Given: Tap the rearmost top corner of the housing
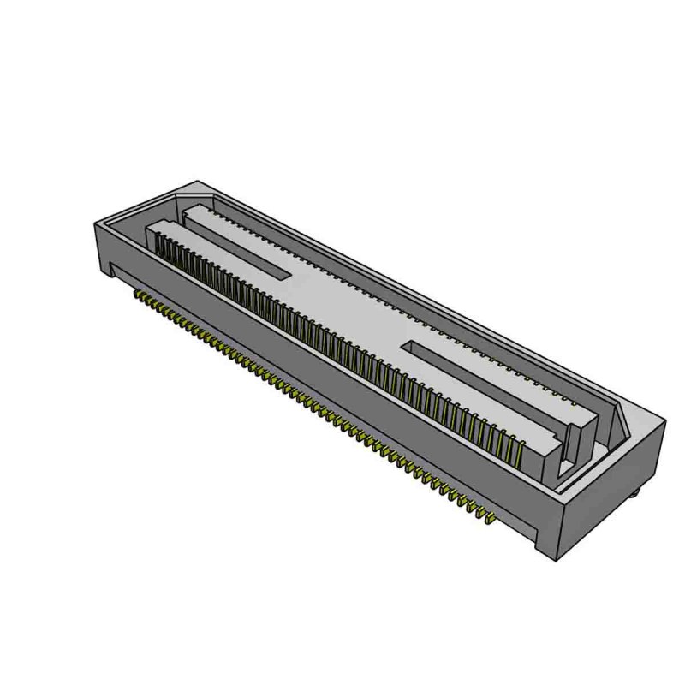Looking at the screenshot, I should (x=199, y=182).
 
